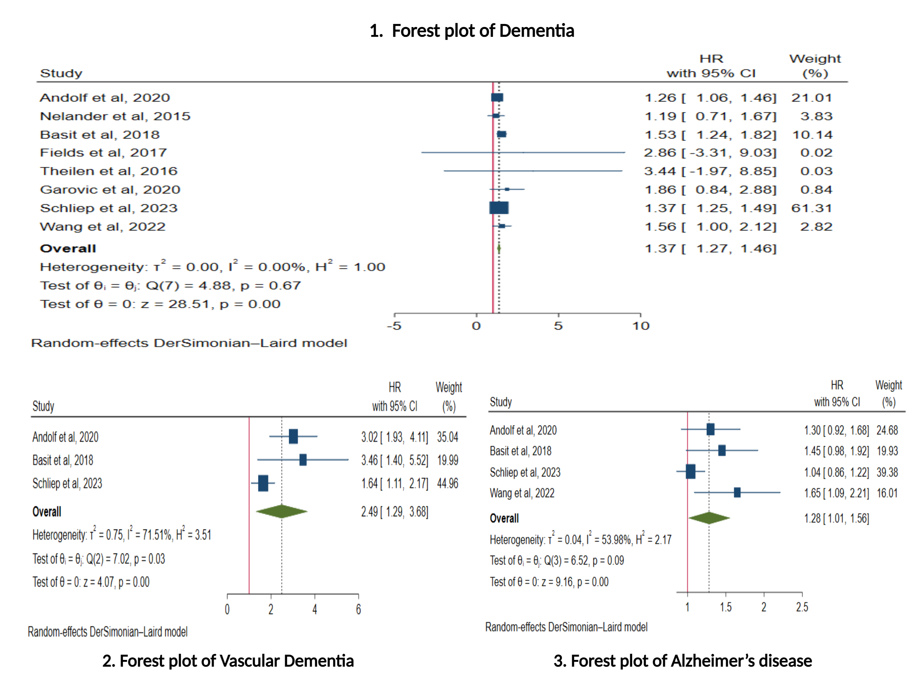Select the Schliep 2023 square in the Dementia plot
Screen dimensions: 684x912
tap(499, 208)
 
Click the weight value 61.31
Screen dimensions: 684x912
tap(811, 208)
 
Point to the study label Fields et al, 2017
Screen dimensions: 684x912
tap(103, 153)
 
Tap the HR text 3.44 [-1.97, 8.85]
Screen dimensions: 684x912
tap(710, 171)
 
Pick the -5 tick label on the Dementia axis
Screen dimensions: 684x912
tap(394, 326)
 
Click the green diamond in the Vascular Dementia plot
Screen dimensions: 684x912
tap(282, 511)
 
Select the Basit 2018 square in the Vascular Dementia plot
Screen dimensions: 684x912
tap(303, 460)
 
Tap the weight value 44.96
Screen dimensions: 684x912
tap(447, 483)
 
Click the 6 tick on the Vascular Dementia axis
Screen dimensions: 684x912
tap(358, 609)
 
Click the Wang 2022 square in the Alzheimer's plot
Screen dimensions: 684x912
tap(737, 492)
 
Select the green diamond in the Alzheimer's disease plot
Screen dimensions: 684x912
tap(709, 518)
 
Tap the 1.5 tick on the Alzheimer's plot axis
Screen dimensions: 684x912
tap(726, 607)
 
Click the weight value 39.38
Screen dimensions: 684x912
tap(887, 472)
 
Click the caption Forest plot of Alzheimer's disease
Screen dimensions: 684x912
tap(682, 661)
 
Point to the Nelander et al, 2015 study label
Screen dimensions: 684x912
tap(115, 116)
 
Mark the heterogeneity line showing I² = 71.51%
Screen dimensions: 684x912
tap(122, 535)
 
